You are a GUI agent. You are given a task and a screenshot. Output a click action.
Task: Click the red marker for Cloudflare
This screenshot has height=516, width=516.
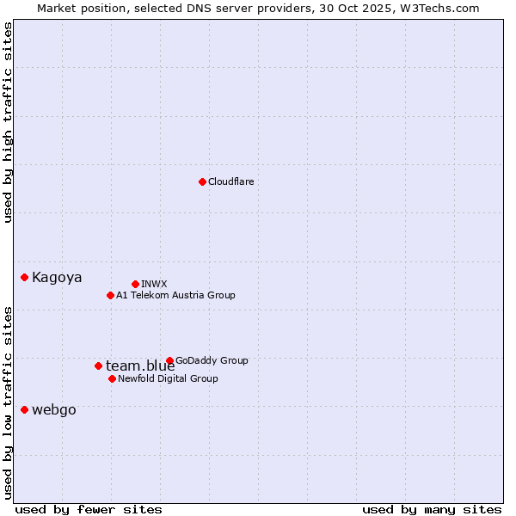tap(202, 181)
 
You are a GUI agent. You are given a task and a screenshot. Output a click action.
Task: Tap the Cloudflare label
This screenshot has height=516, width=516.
tap(231, 181)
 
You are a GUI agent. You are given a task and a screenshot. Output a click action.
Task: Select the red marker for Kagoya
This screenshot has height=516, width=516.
tap(25, 277)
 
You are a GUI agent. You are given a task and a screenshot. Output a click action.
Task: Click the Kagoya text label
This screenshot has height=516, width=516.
tap(57, 277)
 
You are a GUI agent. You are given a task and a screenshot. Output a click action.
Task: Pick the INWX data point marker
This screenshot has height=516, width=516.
tap(135, 284)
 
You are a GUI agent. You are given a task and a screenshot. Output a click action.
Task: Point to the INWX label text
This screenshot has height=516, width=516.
tap(154, 284)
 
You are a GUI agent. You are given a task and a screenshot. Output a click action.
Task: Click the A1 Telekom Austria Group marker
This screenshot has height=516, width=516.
tap(110, 295)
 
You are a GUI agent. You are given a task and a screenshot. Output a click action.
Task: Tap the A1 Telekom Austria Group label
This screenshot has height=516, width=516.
tap(175, 295)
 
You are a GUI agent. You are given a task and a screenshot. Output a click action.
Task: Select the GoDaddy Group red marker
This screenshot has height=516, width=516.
tap(169, 360)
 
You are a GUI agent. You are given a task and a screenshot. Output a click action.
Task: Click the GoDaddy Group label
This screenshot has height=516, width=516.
tap(212, 360)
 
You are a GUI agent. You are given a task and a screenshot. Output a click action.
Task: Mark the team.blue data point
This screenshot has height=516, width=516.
tap(98, 365)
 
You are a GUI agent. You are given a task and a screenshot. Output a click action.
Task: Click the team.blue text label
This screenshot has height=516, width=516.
tap(140, 366)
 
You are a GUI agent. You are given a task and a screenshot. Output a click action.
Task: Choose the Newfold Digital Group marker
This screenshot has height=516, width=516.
tap(112, 378)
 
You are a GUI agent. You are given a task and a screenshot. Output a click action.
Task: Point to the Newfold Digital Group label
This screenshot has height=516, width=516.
tap(168, 378)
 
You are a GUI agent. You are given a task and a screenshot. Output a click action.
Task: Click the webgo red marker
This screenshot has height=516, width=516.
tap(24, 409)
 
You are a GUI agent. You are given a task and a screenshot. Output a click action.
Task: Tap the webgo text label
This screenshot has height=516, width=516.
tap(53, 410)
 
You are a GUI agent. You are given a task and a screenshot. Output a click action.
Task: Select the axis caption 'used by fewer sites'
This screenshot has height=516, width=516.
tap(89, 509)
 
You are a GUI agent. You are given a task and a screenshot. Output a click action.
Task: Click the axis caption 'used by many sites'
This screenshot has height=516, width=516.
tap(432, 509)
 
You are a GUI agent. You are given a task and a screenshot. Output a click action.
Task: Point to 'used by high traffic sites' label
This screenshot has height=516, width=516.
tap(8, 122)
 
